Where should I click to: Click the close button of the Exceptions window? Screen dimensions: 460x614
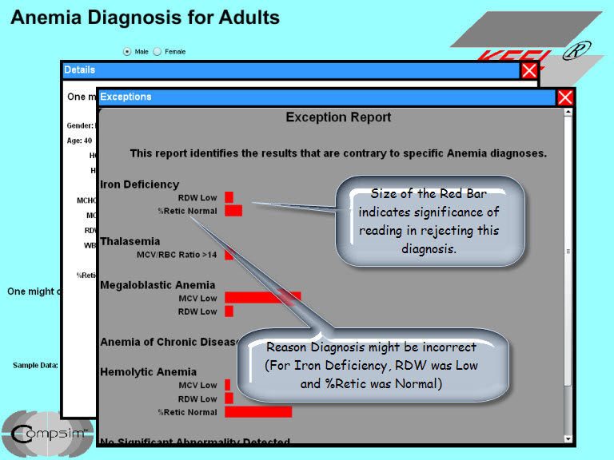pyautogui.click(x=565, y=97)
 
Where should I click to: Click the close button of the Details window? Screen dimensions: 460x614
pyautogui.click(x=529, y=70)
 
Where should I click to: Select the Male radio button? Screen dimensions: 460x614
pyautogui.click(x=127, y=51)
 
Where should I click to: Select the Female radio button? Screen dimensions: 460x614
pyautogui.click(x=157, y=51)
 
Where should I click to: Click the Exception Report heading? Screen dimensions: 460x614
pyautogui.click(x=338, y=117)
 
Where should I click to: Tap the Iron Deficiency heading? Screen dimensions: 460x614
pyautogui.click(x=139, y=184)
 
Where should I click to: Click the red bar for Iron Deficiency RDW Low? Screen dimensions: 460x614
pyautogui.click(x=229, y=197)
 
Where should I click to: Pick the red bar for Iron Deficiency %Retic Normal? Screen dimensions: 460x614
pyautogui.click(x=233, y=211)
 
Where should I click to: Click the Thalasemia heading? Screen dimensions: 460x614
pyautogui.click(x=130, y=241)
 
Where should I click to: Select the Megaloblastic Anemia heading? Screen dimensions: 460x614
pyautogui.click(x=157, y=285)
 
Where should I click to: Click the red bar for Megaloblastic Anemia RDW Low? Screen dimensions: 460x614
pyautogui.click(x=229, y=311)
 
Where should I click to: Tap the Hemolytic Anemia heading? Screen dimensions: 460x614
pyautogui.click(x=148, y=371)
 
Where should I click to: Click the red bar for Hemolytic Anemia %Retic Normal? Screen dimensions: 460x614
pyautogui.click(x=258, y=412)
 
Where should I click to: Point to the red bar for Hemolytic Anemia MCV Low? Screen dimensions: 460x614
pyautogui.click(x=228, y=385)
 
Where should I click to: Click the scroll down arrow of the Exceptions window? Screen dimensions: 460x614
pyautogui.click(x=568, y=438)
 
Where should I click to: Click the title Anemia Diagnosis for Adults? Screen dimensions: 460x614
pyautogui.click(x=145, y=17)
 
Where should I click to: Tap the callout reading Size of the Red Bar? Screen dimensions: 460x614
pyautogui.click(x=429, y=221)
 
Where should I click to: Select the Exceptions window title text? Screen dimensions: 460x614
pyautogui.click(x=126, y=97)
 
